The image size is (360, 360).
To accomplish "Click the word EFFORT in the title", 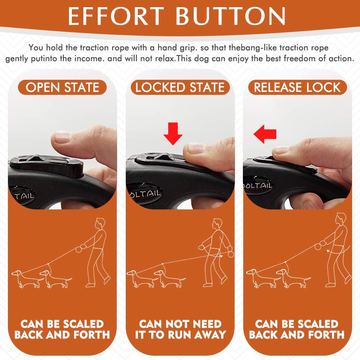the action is (116, 16).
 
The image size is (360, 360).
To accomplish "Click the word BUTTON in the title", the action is (231, 16).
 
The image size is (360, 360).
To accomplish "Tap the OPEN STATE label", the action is (62, 87).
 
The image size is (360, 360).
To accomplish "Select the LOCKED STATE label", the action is (180, 87).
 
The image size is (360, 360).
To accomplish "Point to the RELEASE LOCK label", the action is (297, 87).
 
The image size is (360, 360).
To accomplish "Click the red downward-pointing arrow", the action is (173, 134).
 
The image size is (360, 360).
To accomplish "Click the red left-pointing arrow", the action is (265, 134).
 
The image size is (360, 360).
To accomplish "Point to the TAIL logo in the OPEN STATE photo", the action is (24, 196).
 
